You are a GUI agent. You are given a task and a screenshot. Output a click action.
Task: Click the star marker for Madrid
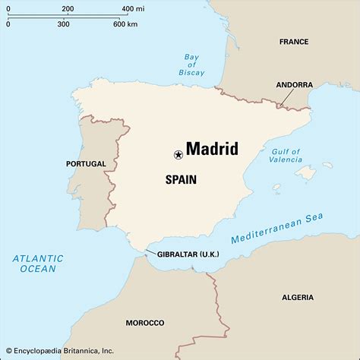178,155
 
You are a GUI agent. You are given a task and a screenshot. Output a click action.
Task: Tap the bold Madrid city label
212,148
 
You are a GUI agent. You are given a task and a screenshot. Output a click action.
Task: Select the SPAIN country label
181,180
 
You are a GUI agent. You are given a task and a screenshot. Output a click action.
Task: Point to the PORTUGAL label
85,163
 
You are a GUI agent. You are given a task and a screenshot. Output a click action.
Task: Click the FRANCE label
294,42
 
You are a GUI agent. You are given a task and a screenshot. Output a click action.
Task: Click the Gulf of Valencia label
286,156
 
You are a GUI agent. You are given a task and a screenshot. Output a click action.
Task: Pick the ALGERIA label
297,297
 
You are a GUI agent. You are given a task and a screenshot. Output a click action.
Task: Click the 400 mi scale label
131,9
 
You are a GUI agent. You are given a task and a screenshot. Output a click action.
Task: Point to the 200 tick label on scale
68,9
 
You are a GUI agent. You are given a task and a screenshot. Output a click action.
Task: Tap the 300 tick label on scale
63,24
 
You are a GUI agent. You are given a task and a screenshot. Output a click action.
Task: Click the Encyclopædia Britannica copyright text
58,351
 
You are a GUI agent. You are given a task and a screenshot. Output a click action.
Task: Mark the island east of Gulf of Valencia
305,173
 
